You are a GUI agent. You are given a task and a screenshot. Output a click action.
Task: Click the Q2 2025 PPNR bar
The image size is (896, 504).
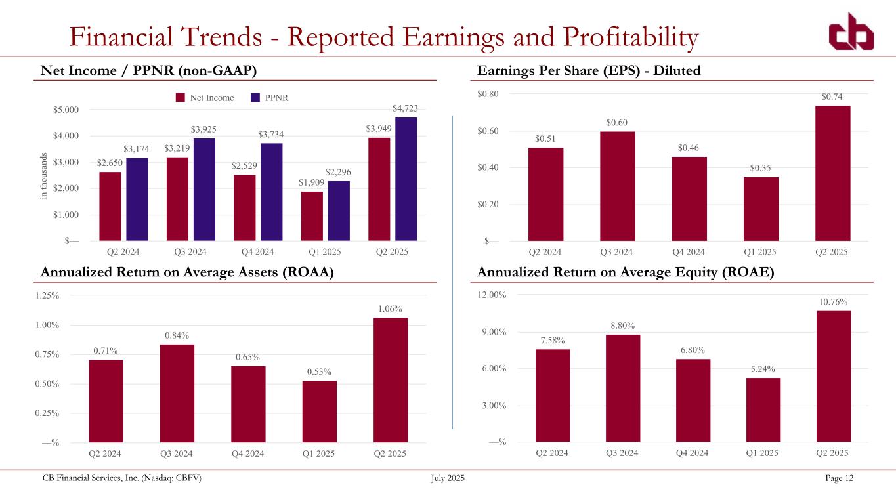406,178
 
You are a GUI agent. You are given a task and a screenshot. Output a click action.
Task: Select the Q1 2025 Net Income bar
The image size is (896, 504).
312,216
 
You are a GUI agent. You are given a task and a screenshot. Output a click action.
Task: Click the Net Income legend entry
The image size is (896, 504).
205,98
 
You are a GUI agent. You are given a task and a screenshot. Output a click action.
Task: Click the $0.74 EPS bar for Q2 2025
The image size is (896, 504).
832,173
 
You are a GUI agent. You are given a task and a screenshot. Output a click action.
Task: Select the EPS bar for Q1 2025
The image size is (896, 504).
761,209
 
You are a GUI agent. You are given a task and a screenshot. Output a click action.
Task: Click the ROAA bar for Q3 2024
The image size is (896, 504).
177,393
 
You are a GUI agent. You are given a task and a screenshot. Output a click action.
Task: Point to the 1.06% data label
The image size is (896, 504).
390,308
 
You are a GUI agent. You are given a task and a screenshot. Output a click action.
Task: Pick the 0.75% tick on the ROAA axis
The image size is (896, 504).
47,354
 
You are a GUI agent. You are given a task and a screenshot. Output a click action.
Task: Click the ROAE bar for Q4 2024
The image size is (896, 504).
693,400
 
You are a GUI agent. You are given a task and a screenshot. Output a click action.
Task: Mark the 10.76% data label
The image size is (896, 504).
832,301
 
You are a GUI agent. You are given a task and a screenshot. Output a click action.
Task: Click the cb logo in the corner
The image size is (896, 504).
850,32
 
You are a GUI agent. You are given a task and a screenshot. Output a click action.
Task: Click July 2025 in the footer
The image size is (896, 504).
448,478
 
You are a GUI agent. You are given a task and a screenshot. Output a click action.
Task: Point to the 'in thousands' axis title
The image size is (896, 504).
44,175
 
